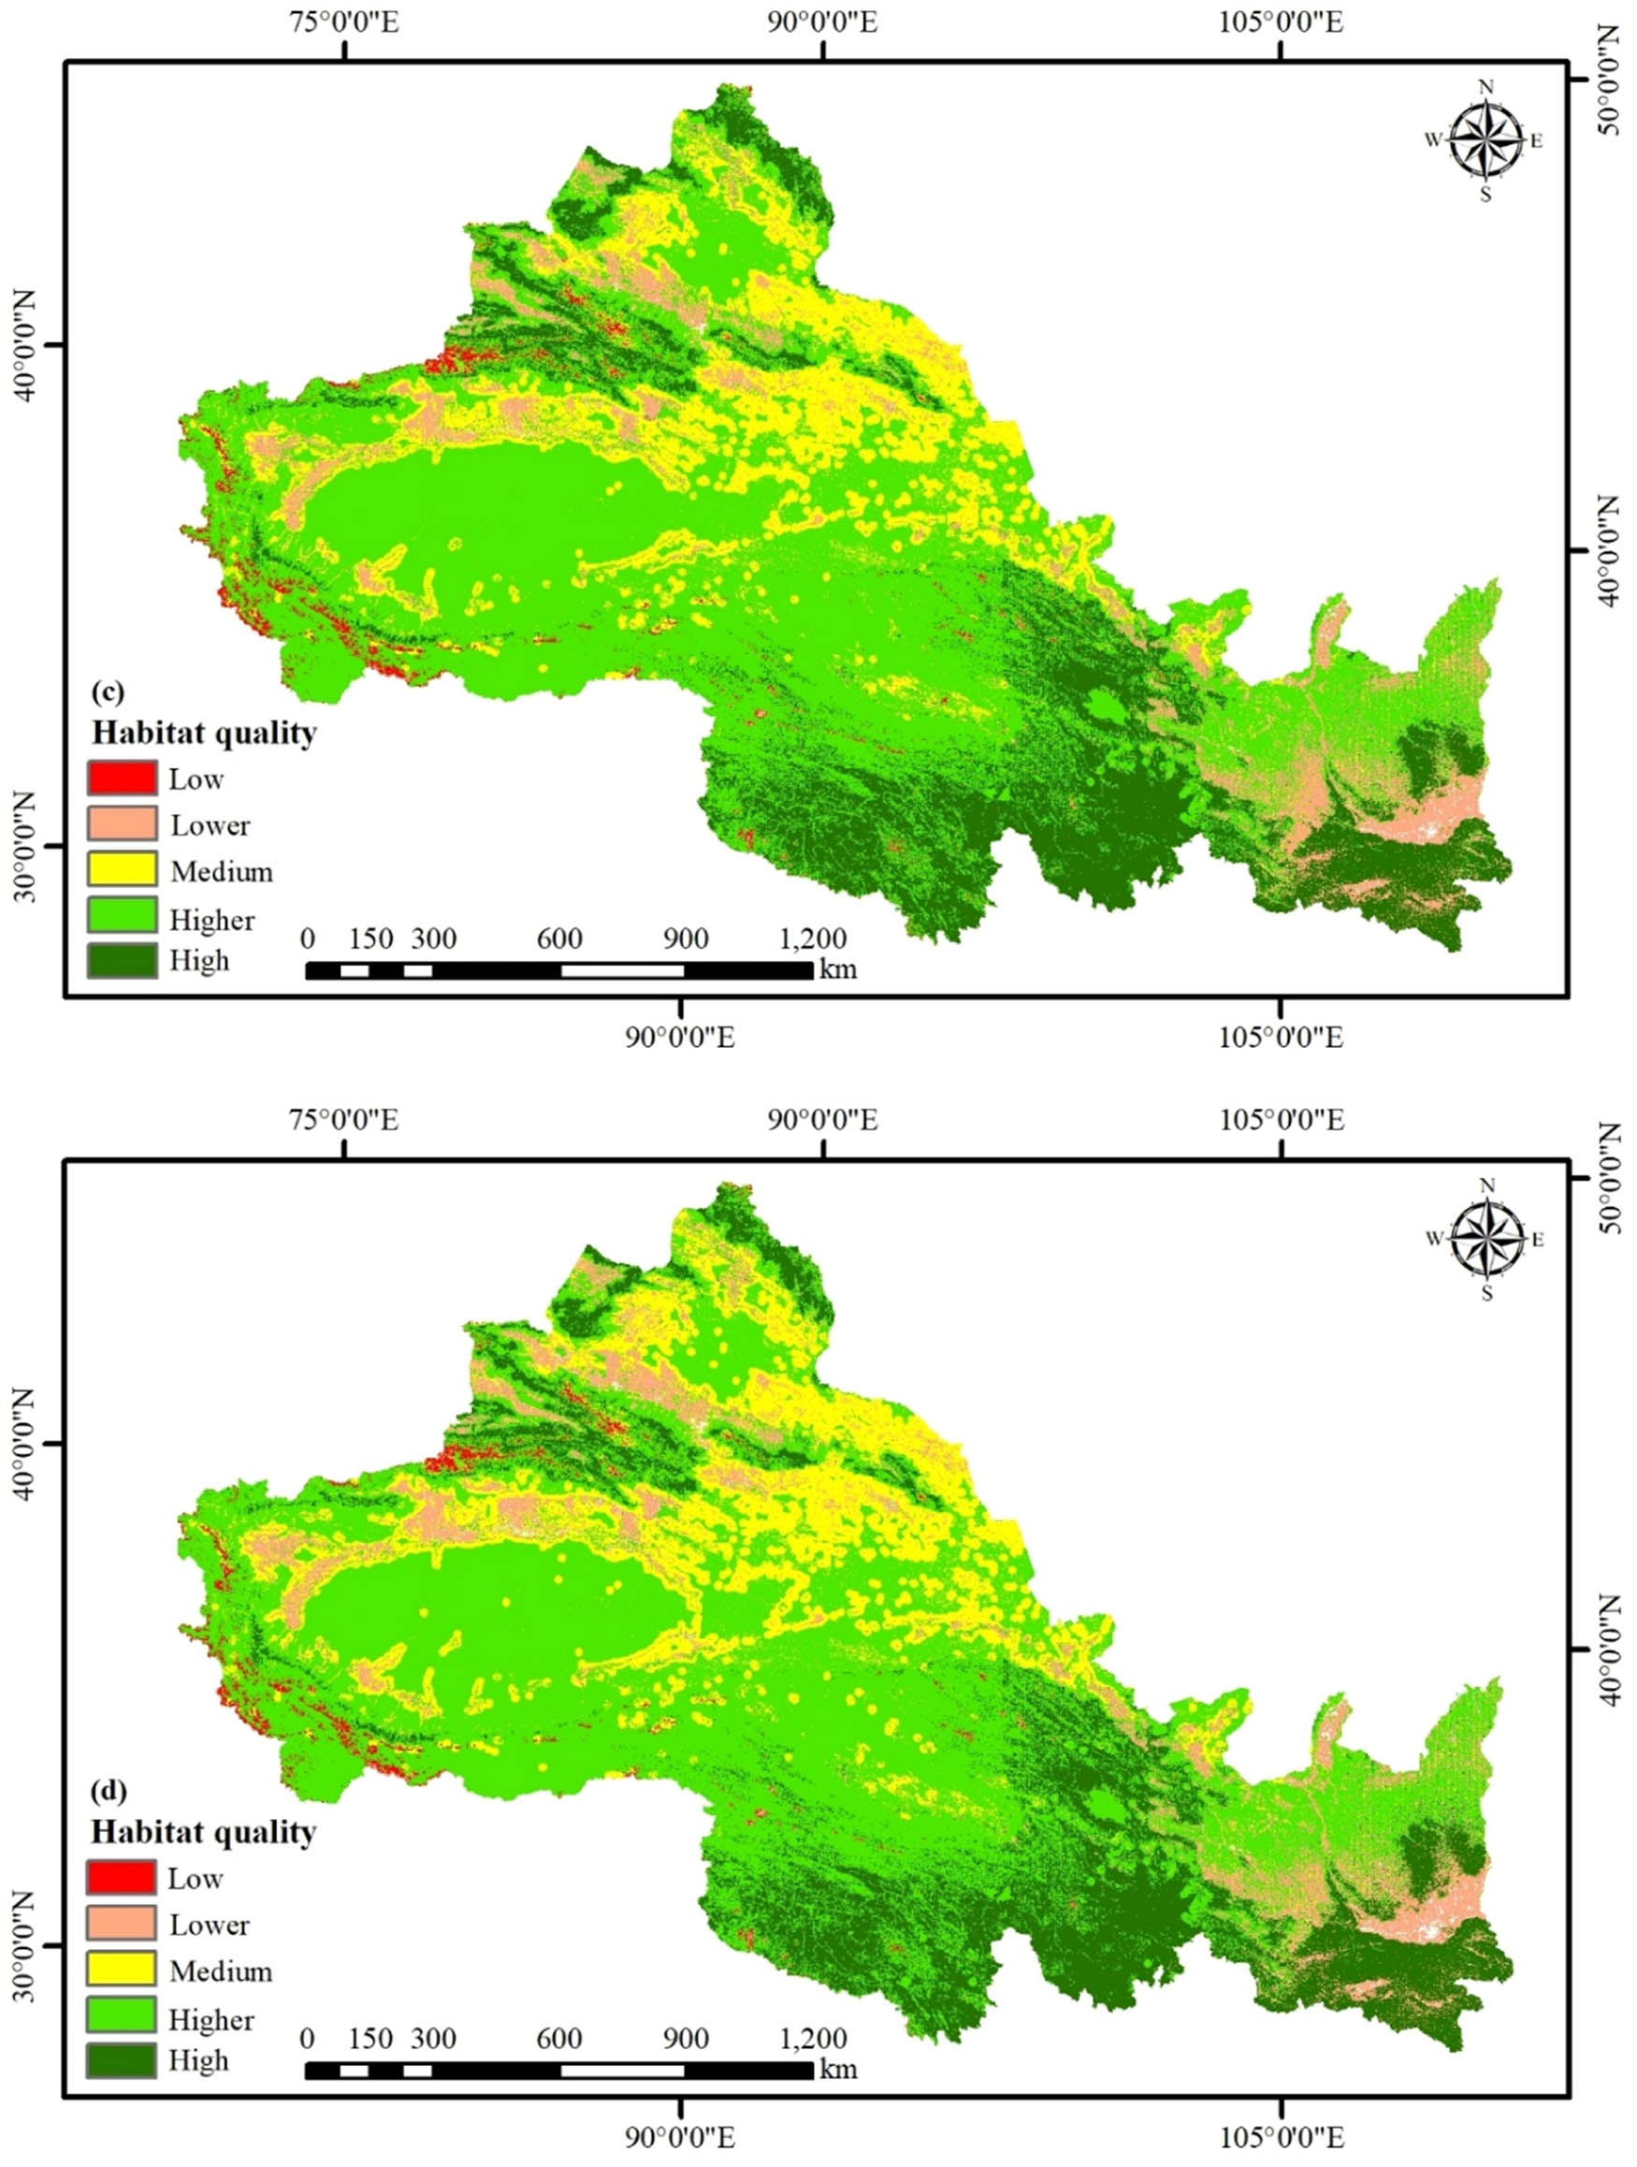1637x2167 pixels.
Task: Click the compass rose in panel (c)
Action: (1486, 140)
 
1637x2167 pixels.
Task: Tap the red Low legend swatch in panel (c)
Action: (122, 778)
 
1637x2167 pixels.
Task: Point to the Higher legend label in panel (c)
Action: (211, 920)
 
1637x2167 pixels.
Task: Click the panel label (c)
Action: (107, 691)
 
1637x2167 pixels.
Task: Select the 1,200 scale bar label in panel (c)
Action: (813, 938)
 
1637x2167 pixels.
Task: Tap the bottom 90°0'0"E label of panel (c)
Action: (679, 1038)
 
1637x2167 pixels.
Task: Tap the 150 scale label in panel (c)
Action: (370, 938)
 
